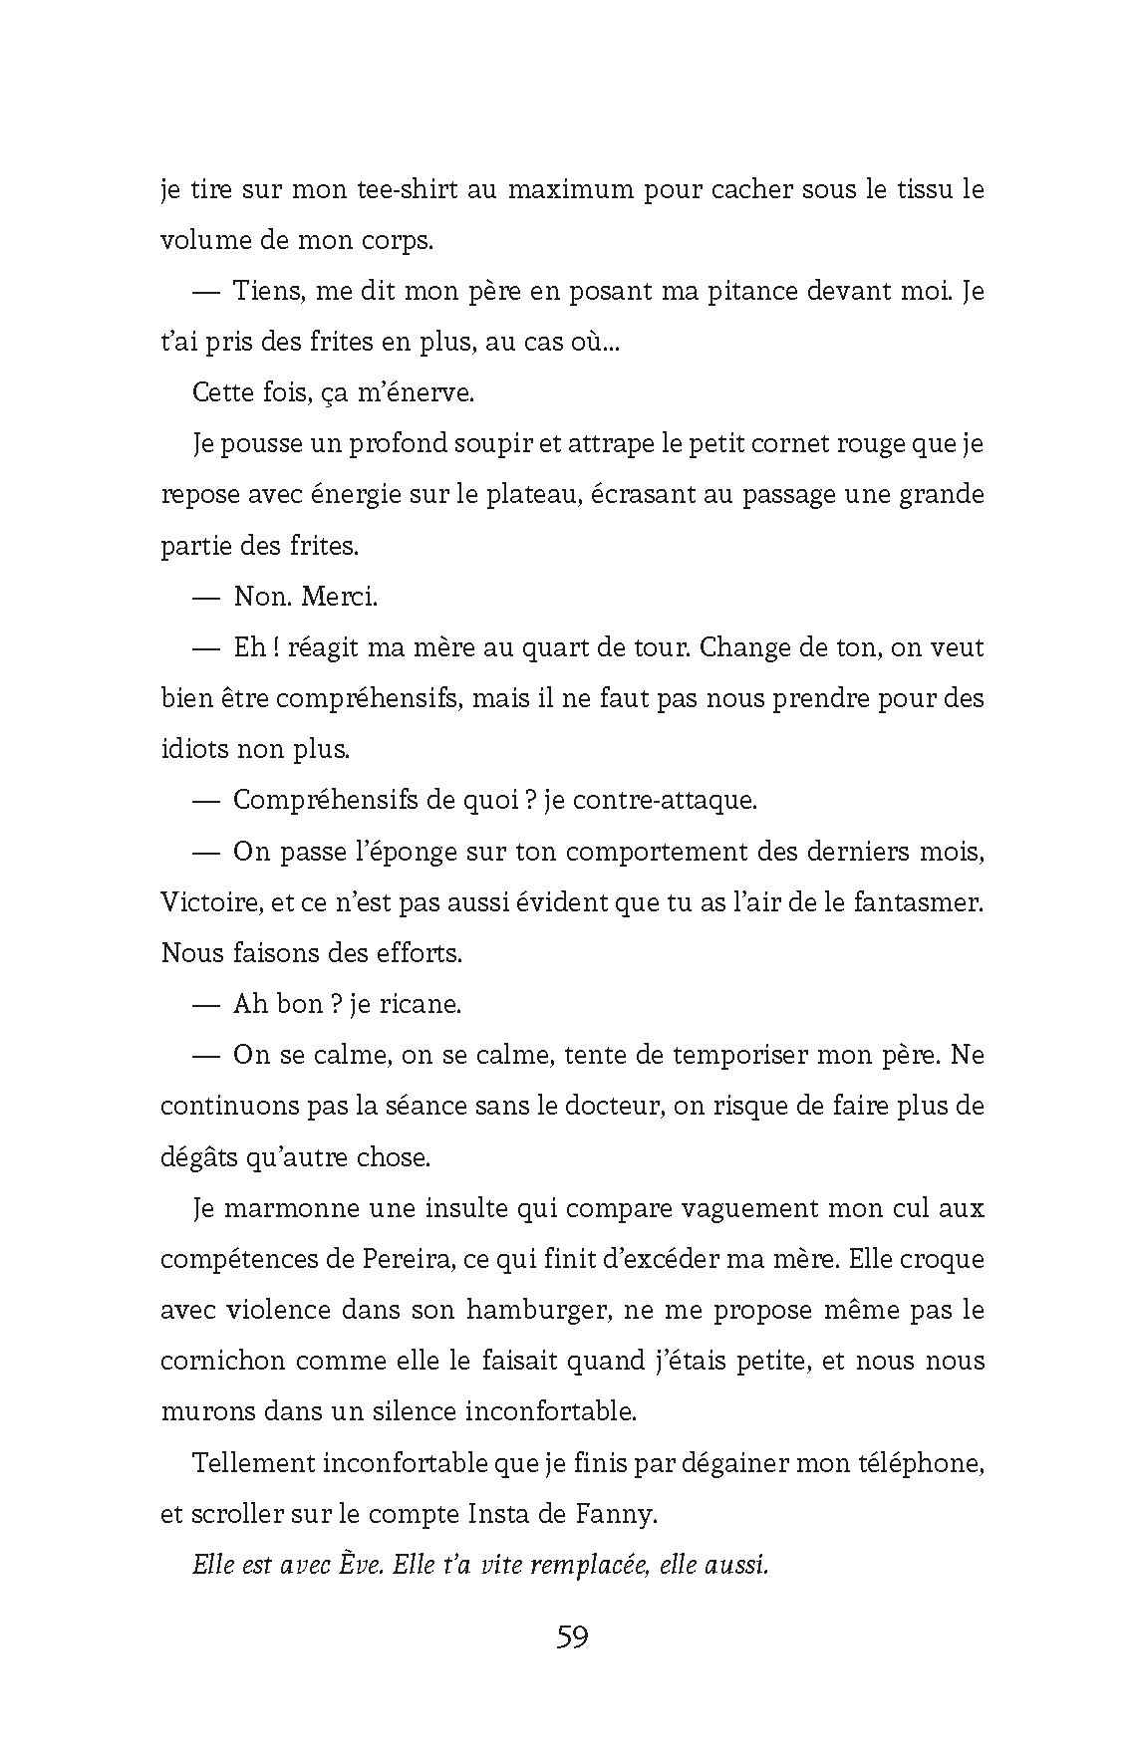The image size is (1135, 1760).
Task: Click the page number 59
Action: click(572, 1636)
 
